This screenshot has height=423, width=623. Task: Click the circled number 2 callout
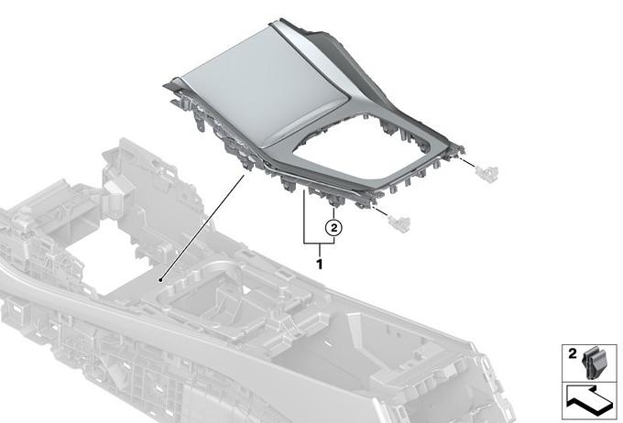click(333, 228)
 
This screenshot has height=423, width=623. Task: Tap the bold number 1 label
click(319, 264)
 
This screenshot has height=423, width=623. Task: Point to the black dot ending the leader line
click(160, 280)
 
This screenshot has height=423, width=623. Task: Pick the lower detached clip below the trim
click(399, 223)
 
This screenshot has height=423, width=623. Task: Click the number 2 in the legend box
click(572, 353)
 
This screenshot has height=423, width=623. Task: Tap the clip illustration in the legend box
click(593, 363)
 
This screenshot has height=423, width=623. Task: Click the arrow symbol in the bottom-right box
click(589, 400)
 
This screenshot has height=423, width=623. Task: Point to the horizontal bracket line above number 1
click(319, 243)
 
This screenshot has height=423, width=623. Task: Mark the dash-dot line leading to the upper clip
click(466, 162)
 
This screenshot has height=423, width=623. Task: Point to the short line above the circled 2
click(333, 213)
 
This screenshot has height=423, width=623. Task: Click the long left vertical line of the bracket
click(304, 216)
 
